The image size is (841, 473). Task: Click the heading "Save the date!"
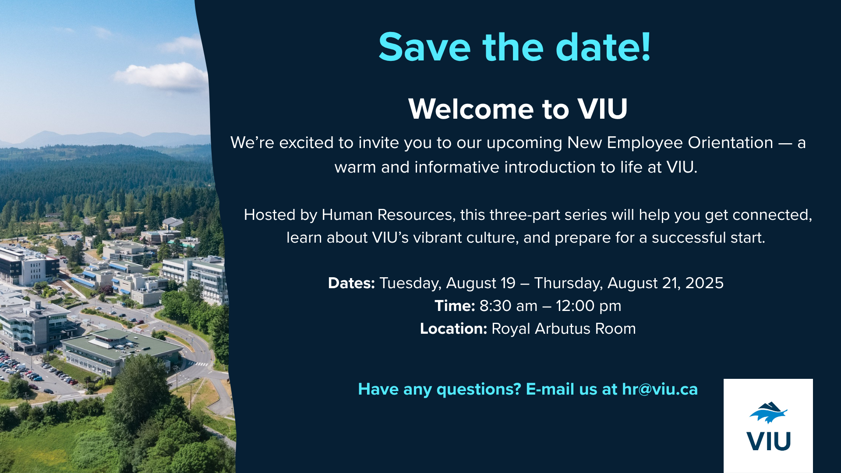pos(515,47)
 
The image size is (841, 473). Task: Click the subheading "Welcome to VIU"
pos(518,109)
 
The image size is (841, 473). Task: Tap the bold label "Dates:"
pos(351,283)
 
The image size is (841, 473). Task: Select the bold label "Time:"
pos(455,306)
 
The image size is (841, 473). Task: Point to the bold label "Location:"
pos(453,328)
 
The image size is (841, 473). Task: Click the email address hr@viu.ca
pos(660,389)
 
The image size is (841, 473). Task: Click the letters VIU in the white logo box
pos(769,441)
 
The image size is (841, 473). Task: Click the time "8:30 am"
pos(509,306)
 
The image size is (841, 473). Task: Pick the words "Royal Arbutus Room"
pos(564,328)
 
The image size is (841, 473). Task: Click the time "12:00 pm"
pos(589,306)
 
